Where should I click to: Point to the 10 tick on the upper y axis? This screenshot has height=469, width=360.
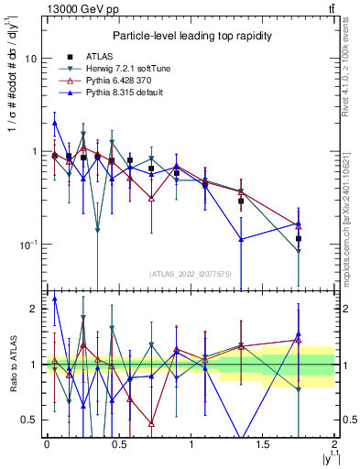pos(31,58)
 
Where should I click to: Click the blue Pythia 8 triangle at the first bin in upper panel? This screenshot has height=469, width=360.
pos(55,123)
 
